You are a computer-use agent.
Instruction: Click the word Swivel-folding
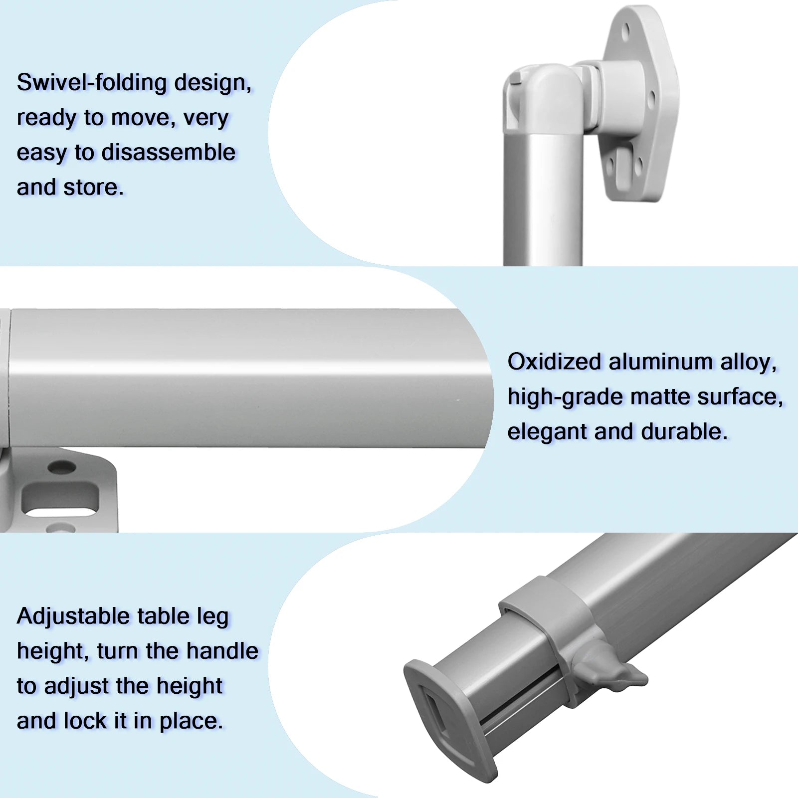click(x=92, y=82)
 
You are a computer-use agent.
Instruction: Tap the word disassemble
click(x=169, y=152)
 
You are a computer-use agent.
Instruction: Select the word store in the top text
click(x=94, y=188)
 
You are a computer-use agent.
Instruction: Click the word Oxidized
click(x=554, y=362)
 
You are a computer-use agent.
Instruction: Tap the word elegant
click(x=547, y=432)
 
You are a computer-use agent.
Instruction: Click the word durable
click(x=684, y=432)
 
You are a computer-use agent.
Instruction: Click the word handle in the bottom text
click(x=222, y=651)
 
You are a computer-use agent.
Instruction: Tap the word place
click(x=192, y=722)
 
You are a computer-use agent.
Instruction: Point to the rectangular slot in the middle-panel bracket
click(x=61, y=499)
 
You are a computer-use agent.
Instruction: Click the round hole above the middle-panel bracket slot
click(x=61, y=468)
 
